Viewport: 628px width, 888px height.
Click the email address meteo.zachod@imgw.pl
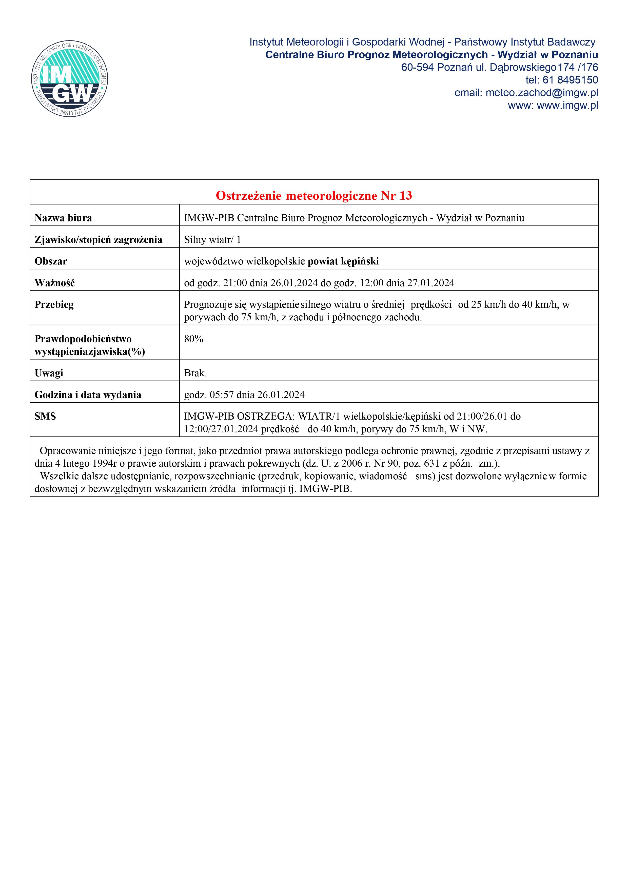click(x=541, y=93)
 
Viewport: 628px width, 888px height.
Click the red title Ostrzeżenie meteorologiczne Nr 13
click(x=314, y=196)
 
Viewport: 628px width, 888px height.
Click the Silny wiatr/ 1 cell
click(x=212, y=240)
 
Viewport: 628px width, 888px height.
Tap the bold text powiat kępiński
click(x=343, y=261)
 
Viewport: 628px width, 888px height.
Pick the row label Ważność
click(x=54, y=283)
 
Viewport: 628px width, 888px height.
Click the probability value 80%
click(x=193, y=339)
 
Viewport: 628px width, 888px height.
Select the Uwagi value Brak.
click(x=195, y=373)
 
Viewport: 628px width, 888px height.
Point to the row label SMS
click(x=45, y=417)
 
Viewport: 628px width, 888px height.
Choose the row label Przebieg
click(x=54, y=305)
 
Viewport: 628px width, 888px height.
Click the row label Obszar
click(x=51, y=261)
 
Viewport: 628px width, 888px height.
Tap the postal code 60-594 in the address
click(x=417, y=68)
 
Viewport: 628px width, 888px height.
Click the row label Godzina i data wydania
click(x=88, y=395)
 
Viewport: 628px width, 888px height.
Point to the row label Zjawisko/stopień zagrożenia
click(x=98, y=240)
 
